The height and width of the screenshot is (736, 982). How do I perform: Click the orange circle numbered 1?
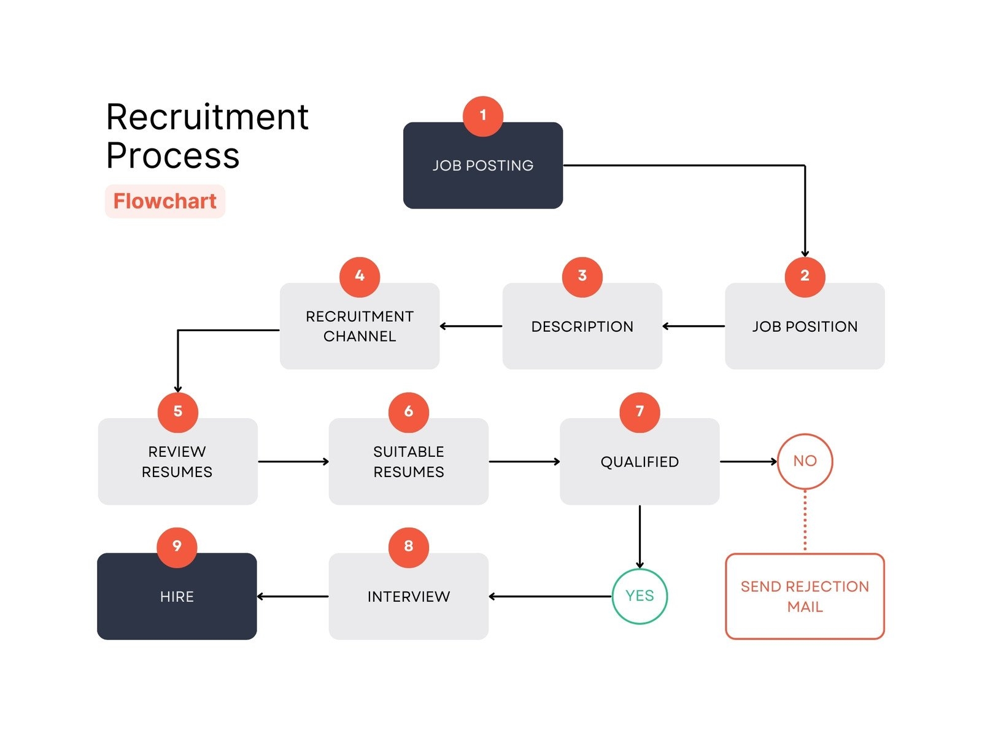pos(483,116)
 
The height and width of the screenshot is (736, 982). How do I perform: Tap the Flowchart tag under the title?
pos(165,201)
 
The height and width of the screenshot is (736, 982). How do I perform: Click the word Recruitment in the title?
pos(207,117)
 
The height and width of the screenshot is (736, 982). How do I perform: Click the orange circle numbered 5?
pos(178,412)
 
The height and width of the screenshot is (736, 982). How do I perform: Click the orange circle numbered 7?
pos(640,412)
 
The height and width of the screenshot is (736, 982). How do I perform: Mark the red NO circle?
pos(805,461)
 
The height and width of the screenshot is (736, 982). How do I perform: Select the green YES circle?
pos(640,596)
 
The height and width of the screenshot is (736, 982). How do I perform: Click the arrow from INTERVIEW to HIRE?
pos(293,596)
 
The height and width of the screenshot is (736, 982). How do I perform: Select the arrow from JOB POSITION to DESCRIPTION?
pos(694,326)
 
